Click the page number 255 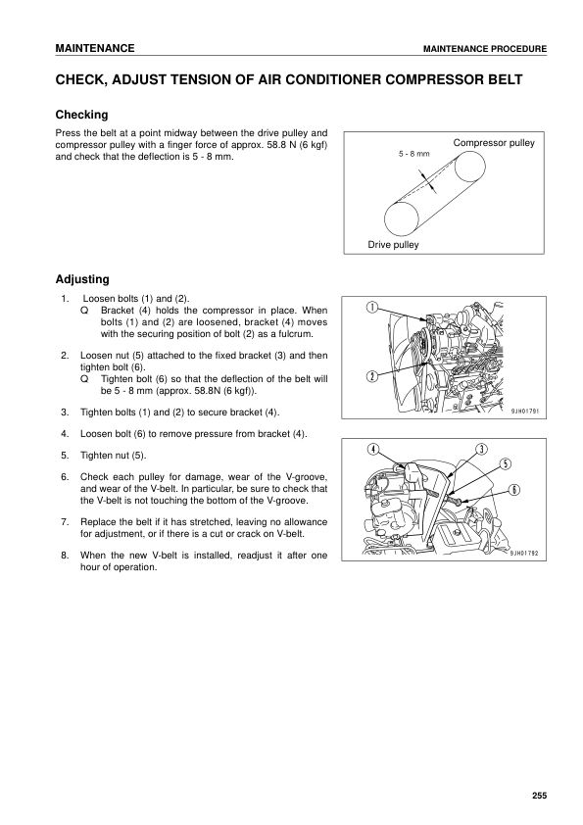[x=538, y=795]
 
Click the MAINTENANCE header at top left [x=94, y=48]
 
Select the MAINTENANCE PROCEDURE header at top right [x=484, y=49]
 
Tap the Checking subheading [x=81, y=115]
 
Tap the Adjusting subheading [x=82, y=279]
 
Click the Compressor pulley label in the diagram [x=494, y=144]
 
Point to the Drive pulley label [x=392, y=245]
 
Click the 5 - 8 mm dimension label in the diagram [x=414, y=155]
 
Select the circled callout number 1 [x=372, y=308]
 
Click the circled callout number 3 [x=481, y=449]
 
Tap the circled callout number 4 [x=373, y=449]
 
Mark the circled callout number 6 [x=514, y=489]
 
